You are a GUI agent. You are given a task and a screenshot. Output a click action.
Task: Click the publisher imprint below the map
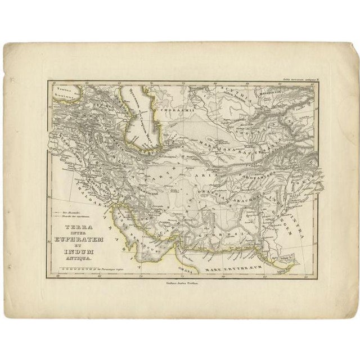[x=179, y=286]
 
